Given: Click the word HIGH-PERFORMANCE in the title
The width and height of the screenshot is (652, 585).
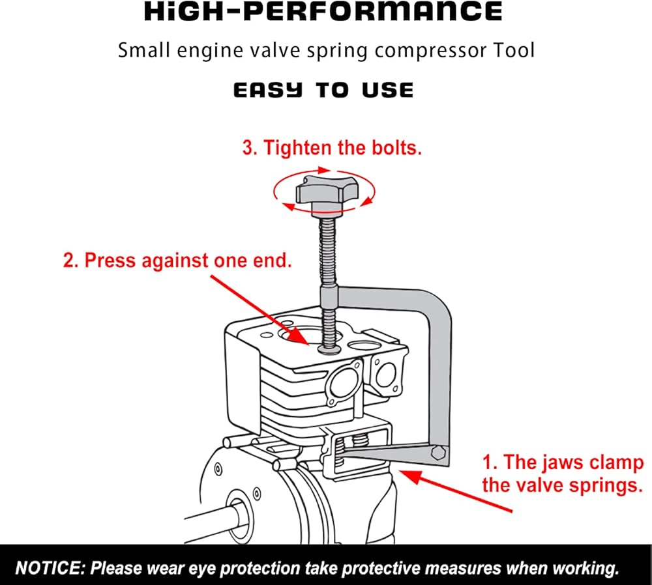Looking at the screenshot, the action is coord(323,11).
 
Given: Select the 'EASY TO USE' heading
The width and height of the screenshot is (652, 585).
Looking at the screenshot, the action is coord(323,90).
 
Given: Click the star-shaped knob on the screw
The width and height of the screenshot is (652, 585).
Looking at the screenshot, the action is coord(327,193).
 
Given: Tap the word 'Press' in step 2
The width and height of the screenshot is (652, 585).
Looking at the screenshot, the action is coord(111,261).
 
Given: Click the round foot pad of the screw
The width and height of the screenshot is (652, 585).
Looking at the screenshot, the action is coord(329,350).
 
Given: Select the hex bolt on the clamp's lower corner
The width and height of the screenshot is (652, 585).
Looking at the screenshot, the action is coord(438,453).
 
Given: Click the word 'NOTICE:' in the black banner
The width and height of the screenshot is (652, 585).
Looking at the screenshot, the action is coord(50,568).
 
